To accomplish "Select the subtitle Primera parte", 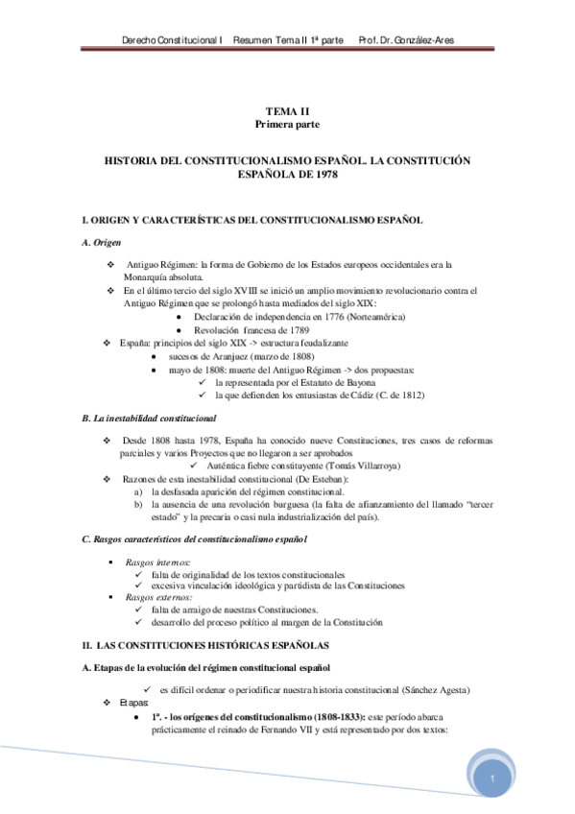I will click(x=287, y=126).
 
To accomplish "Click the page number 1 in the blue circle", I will click(x=491, y=778).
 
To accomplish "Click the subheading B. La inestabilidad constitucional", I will click(x=149, y=419).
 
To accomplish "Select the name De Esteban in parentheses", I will click(x=323, y=479).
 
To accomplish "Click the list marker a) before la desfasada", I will click(x=140, y=491).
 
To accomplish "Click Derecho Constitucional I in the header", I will click(x=173, y=40).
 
